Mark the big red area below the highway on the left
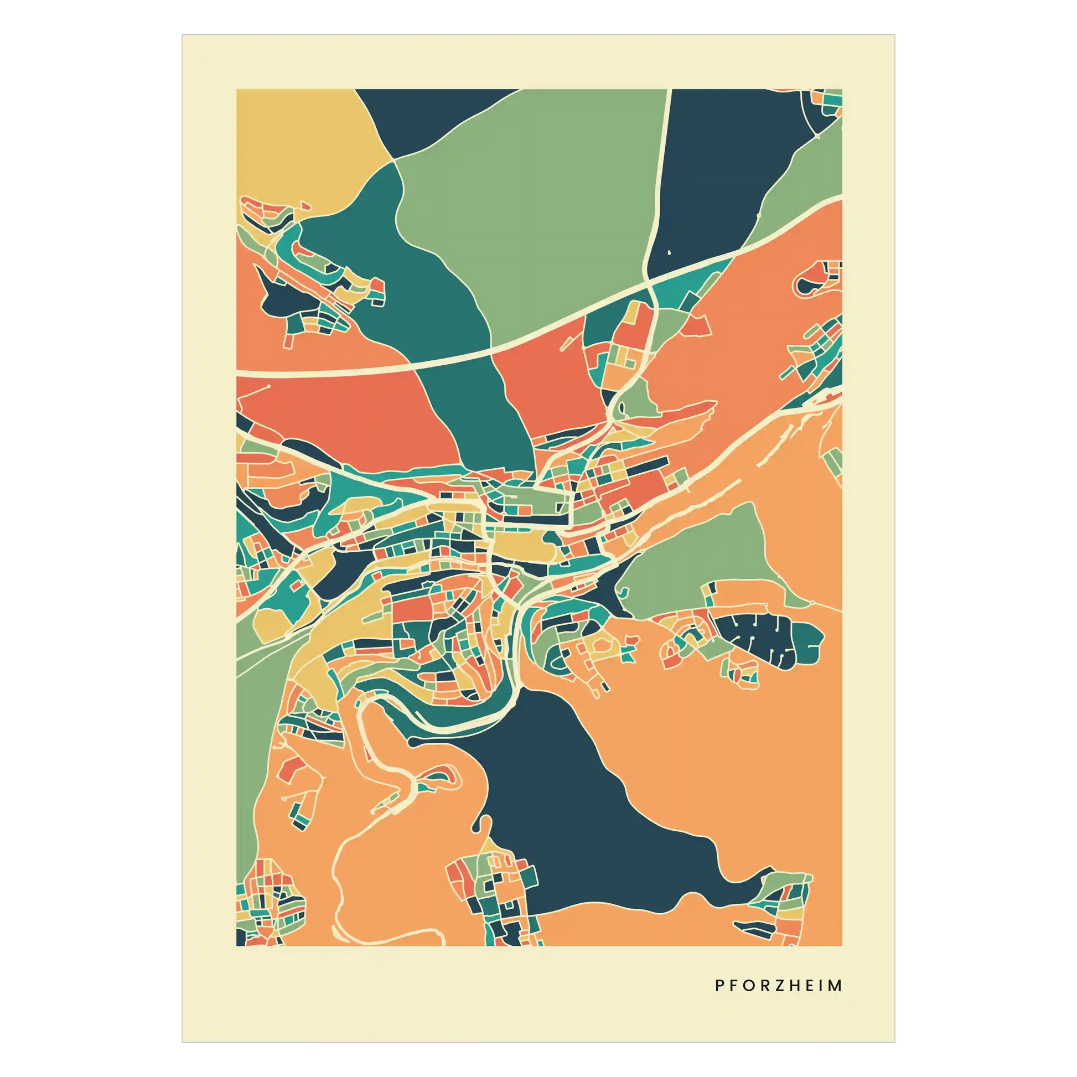tap(345, 412)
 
